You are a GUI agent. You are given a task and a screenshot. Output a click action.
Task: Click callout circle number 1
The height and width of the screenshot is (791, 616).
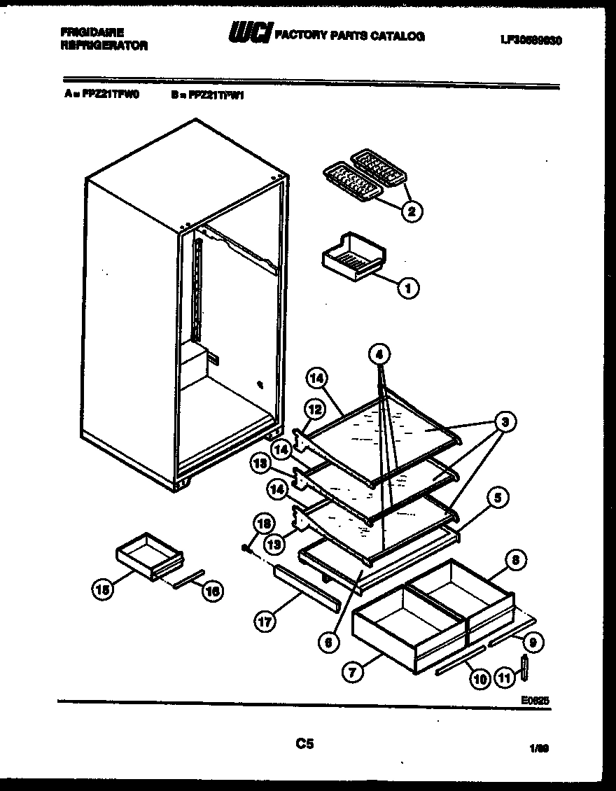coord(408,286)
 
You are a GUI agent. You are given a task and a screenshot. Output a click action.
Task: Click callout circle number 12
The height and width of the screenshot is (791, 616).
coord(314,409)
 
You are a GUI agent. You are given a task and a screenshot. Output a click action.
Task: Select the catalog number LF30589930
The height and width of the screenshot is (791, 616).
coord(532,40)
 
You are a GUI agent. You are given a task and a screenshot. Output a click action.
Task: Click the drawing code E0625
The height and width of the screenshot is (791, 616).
coord(535,699)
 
